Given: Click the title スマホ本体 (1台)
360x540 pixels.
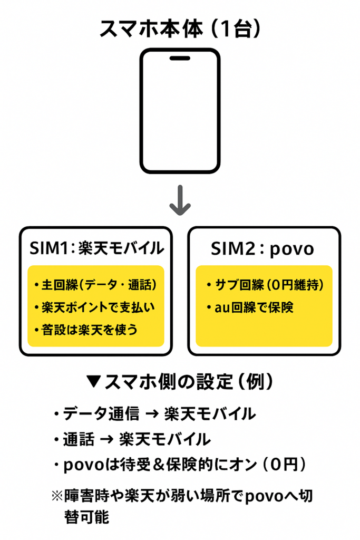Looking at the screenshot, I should point(180,29).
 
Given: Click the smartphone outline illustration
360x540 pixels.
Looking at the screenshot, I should point(180,111).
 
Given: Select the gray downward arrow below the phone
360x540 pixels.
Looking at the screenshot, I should point(180,200).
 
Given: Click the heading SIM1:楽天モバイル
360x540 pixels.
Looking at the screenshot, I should point(96,248).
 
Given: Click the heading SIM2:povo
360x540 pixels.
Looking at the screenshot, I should point(262,248).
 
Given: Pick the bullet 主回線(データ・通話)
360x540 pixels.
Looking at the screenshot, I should point(95,285).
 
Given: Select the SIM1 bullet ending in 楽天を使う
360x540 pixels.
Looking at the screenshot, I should point(89,330).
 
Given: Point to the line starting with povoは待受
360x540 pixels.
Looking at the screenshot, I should point(179,465).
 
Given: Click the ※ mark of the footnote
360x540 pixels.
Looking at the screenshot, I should point(56,496).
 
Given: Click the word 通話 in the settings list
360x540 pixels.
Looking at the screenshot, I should point(79,439).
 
